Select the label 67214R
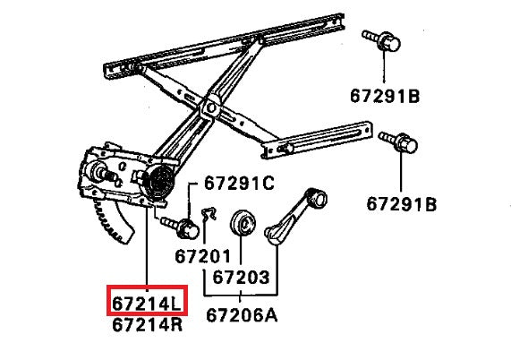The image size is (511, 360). tap(148, 324)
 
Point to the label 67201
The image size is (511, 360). tap(203, 255)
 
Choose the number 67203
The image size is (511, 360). tap(240, 278)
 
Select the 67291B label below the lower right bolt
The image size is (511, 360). tap(403, 203)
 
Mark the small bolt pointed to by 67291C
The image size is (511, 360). tap(184, 224)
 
